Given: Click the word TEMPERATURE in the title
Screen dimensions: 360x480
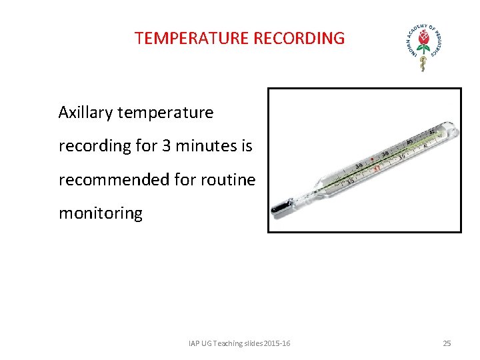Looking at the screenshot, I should click(191, 38).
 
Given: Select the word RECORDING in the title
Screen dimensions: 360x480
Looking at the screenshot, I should click(299, 38).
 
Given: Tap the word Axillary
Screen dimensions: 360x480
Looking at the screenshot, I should click(85, 113).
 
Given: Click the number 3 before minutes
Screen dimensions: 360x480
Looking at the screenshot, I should click(166, 146).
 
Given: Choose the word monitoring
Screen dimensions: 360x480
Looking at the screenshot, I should click(101, 213).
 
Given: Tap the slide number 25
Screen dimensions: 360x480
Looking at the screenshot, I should click(447, 343).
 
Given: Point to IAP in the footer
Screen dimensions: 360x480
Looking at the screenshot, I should click(195, 343).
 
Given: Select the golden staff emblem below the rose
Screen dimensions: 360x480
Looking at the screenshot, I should click(421, 63).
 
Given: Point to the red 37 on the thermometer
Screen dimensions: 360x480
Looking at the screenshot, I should click(377, 169).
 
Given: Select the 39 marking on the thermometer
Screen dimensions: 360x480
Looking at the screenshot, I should click(402, 156).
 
